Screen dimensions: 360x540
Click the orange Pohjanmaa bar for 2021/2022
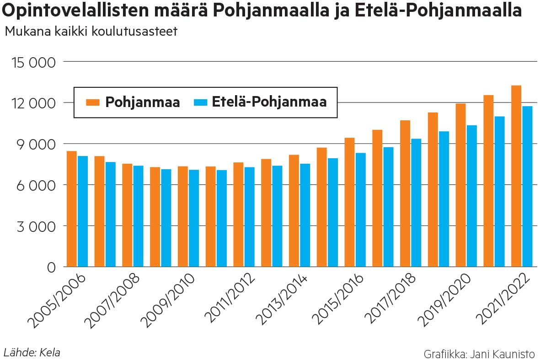516,176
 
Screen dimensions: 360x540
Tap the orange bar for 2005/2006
71,209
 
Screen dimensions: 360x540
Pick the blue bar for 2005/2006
83,211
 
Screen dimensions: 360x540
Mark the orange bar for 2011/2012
238,215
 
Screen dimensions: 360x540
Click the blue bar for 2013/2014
305,215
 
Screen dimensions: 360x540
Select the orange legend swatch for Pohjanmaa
92,102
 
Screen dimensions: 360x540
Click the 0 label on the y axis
51,268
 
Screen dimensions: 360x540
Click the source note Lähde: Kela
32,352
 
